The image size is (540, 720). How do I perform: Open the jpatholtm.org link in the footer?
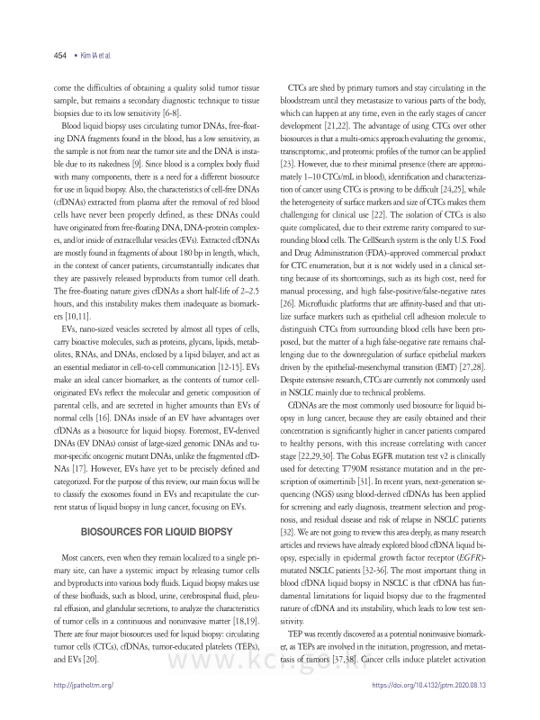(x=84, y=685)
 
